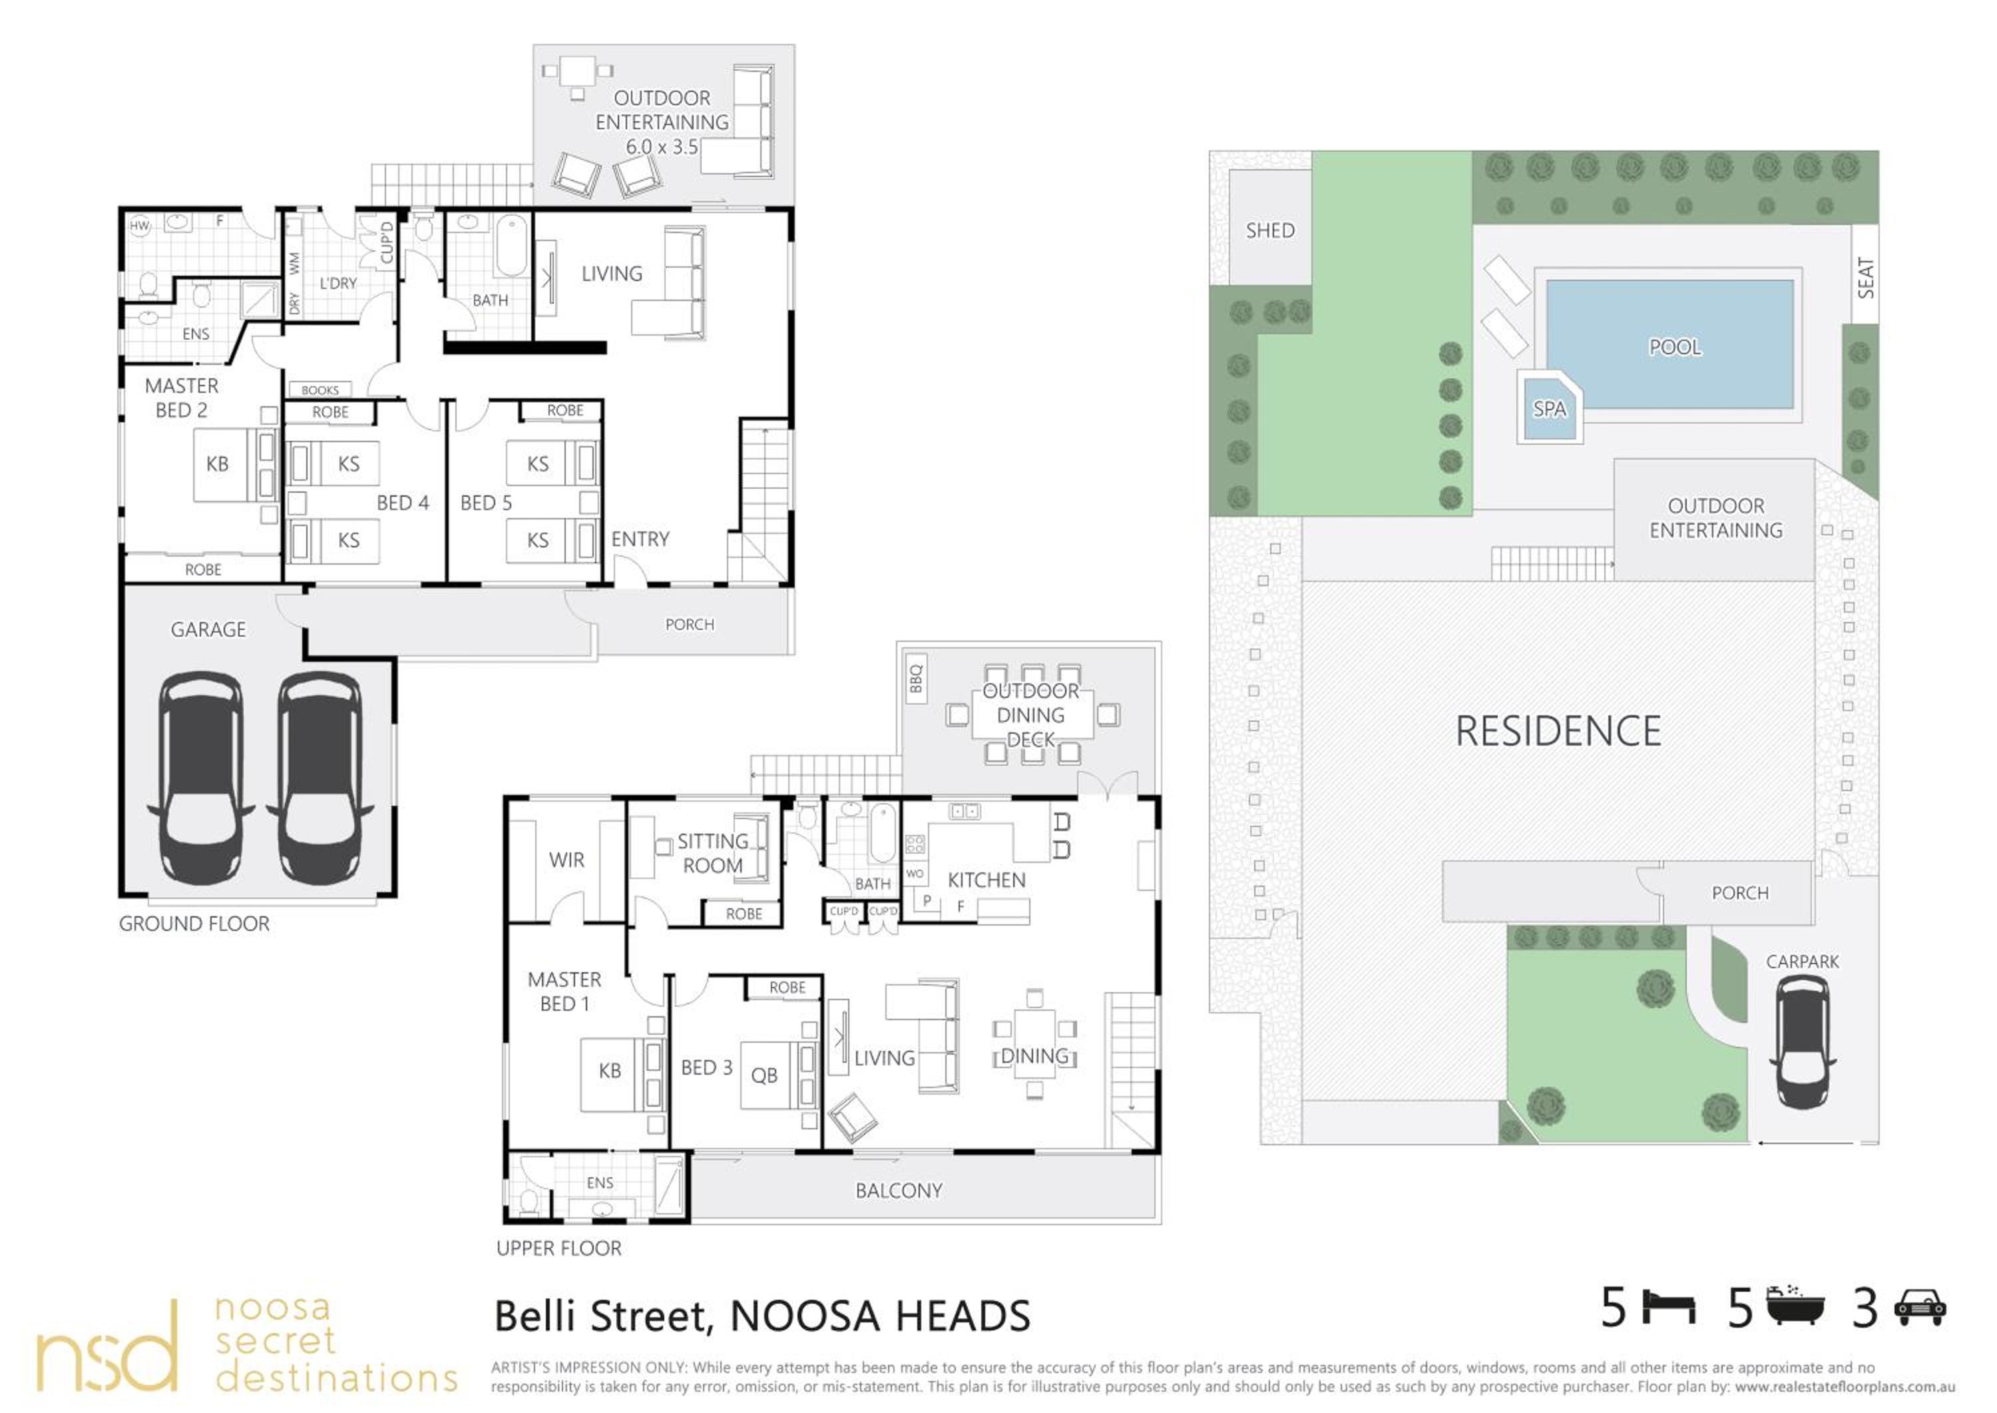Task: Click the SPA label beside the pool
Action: (1549, 409)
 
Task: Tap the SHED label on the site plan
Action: (1270, 230)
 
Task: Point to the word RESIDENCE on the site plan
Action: (1558, 731)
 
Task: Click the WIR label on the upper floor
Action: (566, 860)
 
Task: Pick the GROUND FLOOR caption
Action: (194, 924)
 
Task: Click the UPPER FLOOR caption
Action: (558, 1249)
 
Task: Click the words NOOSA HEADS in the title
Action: (879, 1316)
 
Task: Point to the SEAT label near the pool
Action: (1865, 278)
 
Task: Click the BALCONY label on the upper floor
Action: (899, 1190)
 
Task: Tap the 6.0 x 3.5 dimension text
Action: (661, 147)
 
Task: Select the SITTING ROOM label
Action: (712, 854)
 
